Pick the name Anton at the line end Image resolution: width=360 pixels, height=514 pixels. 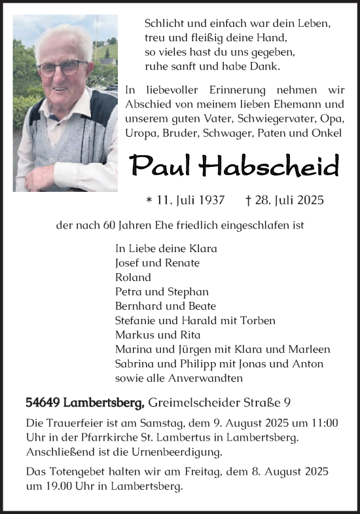pos(310,363)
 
